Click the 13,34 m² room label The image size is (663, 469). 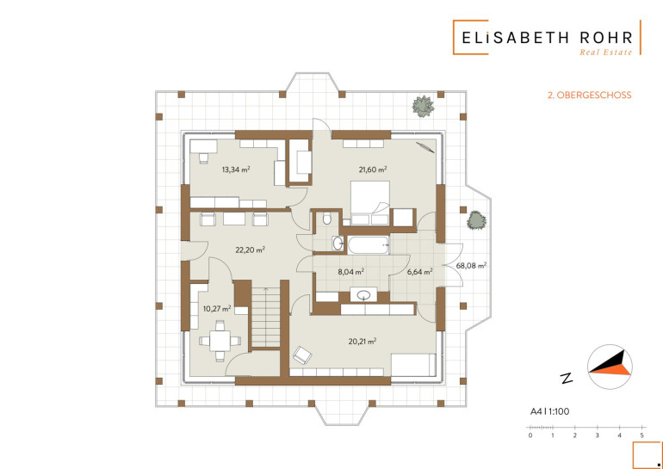(x=236, y=170)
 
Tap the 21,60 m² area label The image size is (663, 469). (x=373, y=170)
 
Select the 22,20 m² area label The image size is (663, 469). (x=250, y=250)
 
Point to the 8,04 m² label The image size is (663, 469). (x=351, y=272)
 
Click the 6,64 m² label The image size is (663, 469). (x=419, y=272)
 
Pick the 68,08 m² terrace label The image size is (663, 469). (x=471, y=266)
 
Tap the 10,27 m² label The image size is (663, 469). (x=217, y=308)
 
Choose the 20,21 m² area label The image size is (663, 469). (x=362, y=342)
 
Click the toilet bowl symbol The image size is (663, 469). (x=327, y=219)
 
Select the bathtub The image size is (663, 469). (x=368, y=245)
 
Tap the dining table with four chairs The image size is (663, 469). (x=220, y=341)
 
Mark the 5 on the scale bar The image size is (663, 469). (x=641, y=435)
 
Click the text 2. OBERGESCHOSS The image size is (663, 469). (x=590, y=95)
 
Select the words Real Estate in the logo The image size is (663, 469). (x=606, y=52)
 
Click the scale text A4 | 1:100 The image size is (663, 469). (x=549, y=411)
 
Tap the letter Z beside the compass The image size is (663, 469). (x=567, y=378)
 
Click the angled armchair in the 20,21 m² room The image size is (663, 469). (x=302, y=355)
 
